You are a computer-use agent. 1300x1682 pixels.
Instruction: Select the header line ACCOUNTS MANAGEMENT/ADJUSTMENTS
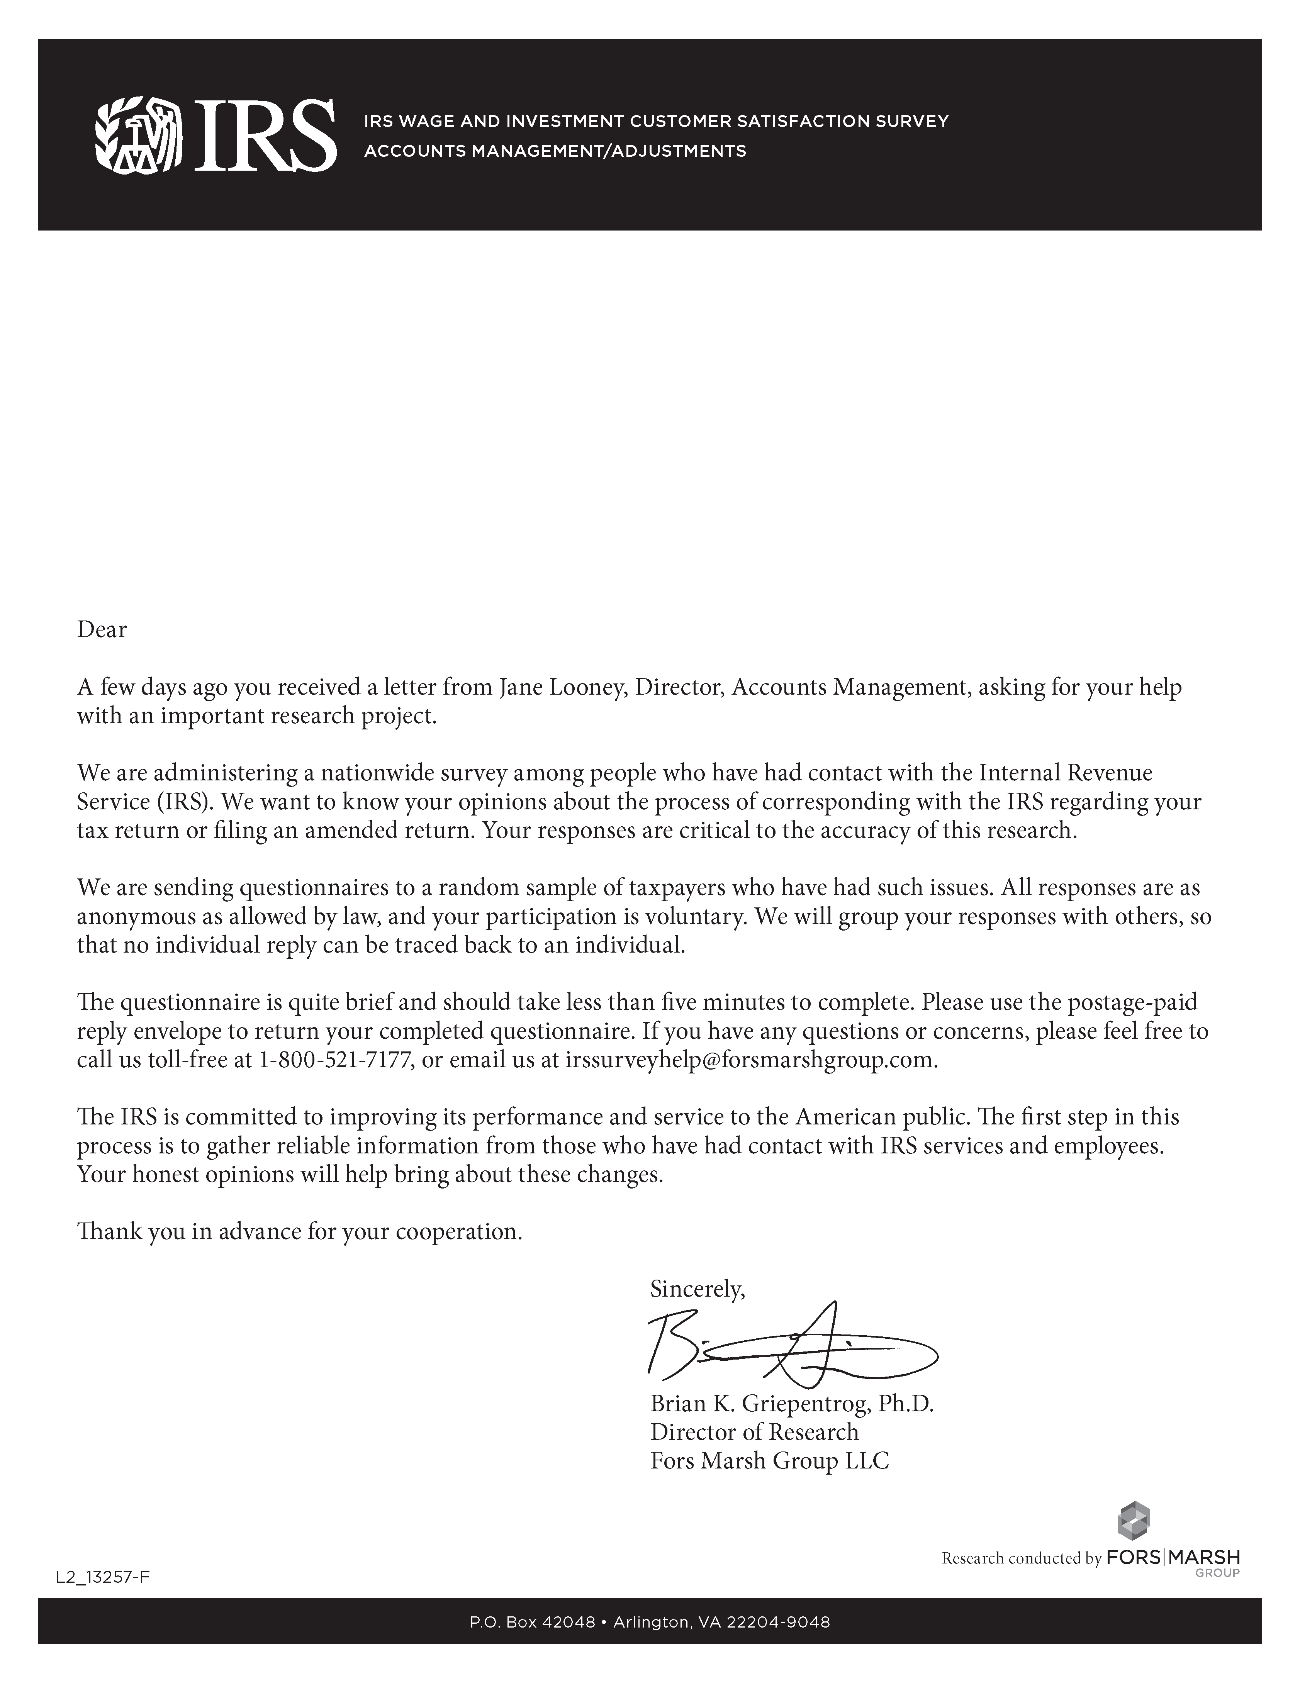coord(555,151)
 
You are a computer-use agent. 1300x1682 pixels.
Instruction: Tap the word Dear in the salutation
coord(102,630)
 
